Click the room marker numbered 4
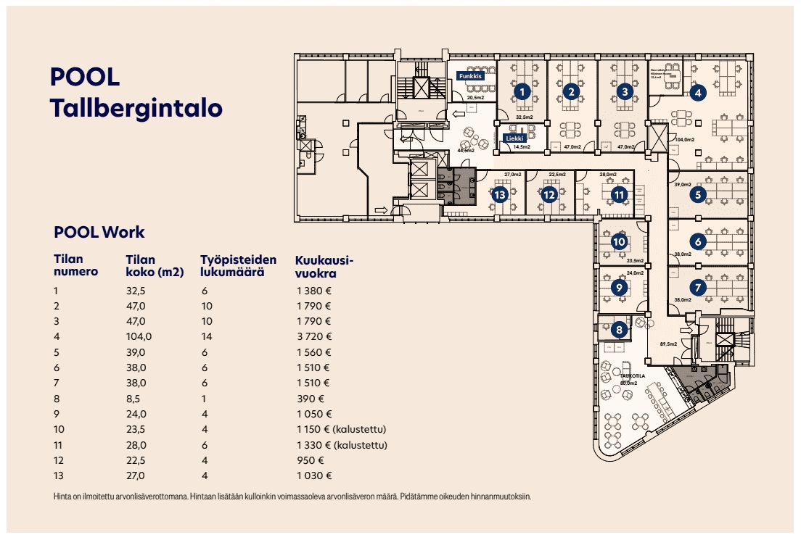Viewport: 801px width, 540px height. point(697,93)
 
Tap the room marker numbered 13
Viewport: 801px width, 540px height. point(499,194)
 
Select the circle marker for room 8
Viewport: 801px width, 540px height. point(618,330)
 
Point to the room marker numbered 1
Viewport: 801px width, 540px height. point(520,91)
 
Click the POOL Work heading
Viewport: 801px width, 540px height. point(99,233)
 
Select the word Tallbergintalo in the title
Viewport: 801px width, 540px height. point(136,108)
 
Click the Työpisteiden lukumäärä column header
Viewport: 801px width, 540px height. point(238,267)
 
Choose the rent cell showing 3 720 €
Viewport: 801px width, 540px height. point(313,336)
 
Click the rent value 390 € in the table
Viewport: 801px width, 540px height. point(309,399)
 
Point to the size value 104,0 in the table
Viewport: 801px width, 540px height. point(139,336)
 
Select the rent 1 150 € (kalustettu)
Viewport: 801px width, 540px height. point(341,430)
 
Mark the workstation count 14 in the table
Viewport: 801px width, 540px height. point(207,336)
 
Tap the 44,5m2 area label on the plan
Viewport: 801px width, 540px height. point(464,151)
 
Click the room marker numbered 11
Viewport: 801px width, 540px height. point(618,194)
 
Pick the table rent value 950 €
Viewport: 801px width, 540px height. point(309,460)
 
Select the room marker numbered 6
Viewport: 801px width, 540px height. point(697,241)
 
